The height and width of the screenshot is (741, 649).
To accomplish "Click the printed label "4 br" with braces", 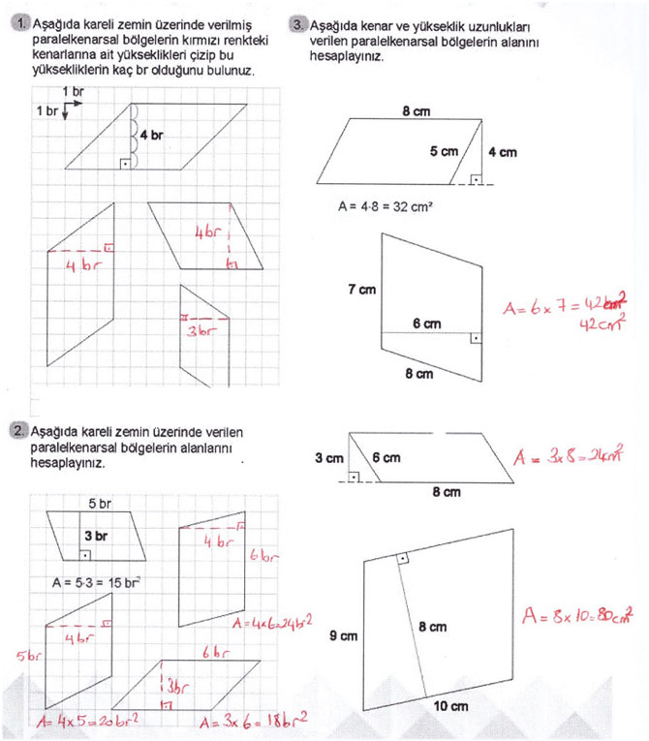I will (151, 135).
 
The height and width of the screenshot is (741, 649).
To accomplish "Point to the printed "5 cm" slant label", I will (445, 151).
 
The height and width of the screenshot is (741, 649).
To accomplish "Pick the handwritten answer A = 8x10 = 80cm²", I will (577, 614).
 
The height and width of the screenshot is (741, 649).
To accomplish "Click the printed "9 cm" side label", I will (343, 636).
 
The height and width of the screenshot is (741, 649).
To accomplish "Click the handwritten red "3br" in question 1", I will (199, 332).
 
